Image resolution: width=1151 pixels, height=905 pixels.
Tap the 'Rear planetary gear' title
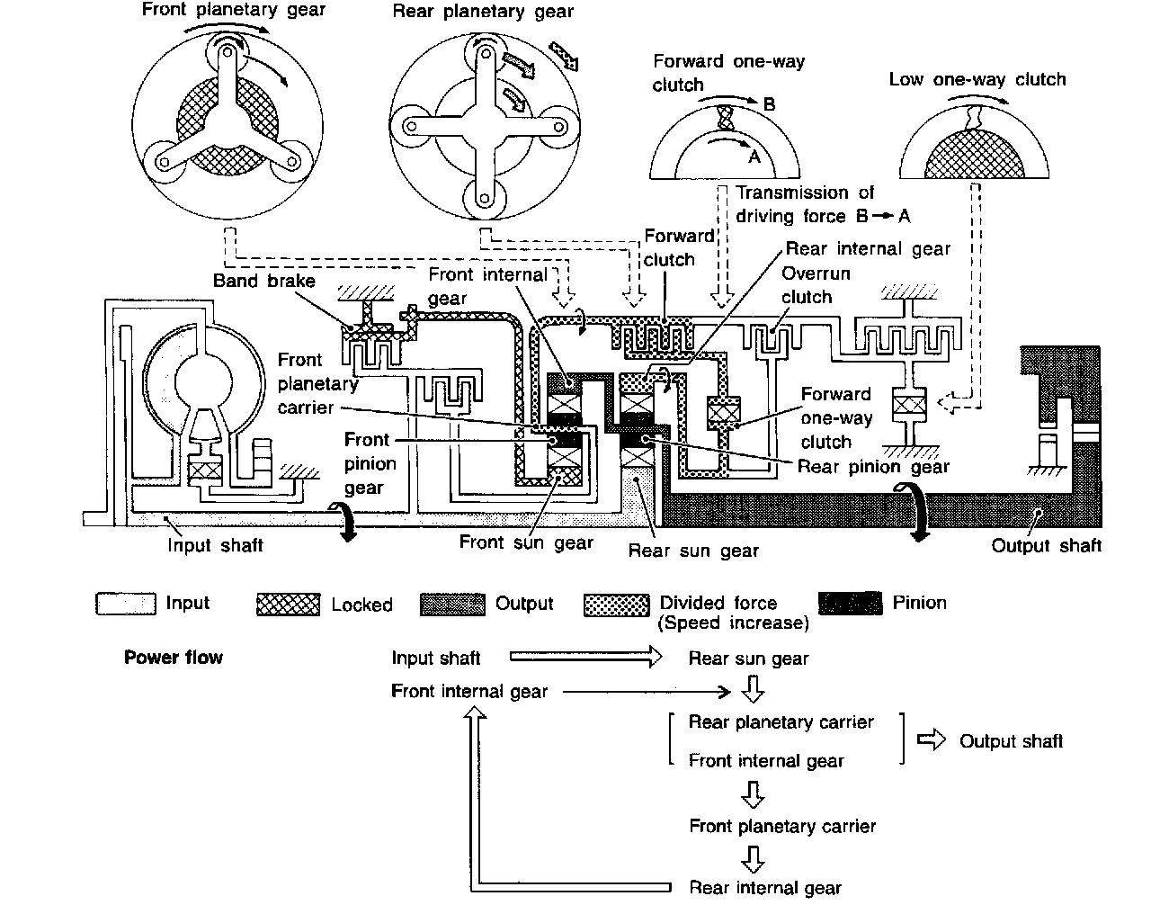click(x=483, y=13)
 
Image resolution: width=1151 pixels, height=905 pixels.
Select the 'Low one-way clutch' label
click(x=977, y=79)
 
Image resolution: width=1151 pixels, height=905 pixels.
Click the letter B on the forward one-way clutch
click(x=769, y=104)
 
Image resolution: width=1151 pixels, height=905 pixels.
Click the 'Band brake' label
click(x=264, y=281)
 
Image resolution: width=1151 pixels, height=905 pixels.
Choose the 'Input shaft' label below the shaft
click(x=216, y=544)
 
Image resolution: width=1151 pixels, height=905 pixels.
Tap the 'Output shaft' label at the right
click(x=1046, y=545)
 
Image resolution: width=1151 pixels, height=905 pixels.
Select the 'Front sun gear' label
click(x=526, y=542)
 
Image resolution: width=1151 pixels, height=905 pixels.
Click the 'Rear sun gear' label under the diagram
click(x=693, y=551)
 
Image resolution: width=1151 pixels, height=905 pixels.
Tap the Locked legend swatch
click(x=288, y=604)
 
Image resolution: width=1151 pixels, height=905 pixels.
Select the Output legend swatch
click(x=451, y=604)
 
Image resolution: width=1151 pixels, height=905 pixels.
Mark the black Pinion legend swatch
click(x=851, y=603)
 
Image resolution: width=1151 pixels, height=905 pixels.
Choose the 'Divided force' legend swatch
click(x=616, y=604)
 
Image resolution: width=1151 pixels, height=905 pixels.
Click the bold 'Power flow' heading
click(x=174, y=658)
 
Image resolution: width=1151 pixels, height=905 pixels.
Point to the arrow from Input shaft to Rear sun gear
click(x=585, y=659)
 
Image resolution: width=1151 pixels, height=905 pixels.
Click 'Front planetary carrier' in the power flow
click(x=782, y=826)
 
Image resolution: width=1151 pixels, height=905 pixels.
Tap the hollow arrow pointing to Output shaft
click(x=932, y=740)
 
